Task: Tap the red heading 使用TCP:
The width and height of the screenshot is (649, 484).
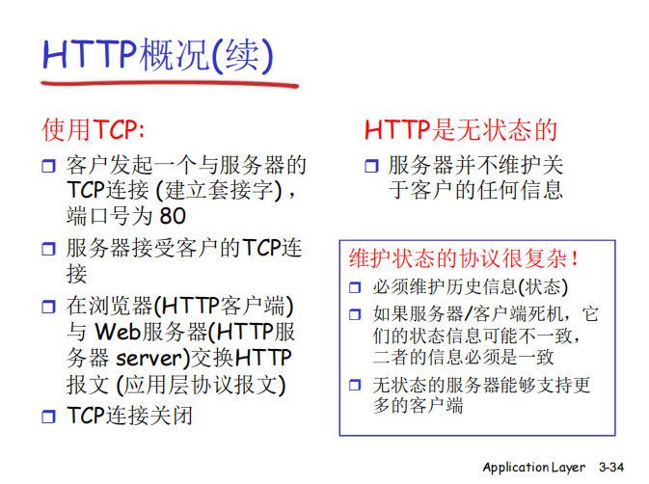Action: coord(94,130)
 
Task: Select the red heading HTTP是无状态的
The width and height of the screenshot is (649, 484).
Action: coord(461,130)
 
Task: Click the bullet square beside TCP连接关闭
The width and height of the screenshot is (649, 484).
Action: coord(49,417)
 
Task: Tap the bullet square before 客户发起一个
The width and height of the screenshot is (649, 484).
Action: coord(49,165)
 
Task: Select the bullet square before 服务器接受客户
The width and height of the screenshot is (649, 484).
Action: coord(49,250)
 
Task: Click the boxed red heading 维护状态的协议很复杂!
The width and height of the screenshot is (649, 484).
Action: coord(465,258)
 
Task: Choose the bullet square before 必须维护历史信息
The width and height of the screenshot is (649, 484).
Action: coord(355,288)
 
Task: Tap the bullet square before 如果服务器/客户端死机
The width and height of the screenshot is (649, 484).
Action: coord(355,315)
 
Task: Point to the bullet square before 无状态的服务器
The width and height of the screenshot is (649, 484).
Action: coord(355,386)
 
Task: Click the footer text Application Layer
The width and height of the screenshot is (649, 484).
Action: coord(534,468)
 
